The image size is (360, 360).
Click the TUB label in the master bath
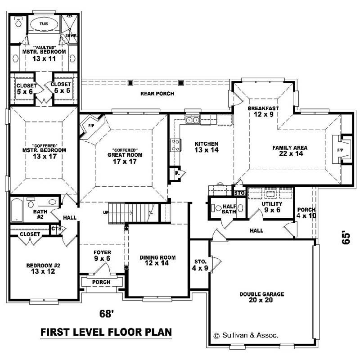click(44, 23)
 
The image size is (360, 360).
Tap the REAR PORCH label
click(157, 94)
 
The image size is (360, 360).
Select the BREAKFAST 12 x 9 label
click(263, 111)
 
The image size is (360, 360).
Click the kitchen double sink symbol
click(193, 120)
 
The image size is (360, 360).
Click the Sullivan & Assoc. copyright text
click(246, 335)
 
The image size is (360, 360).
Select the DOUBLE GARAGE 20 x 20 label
click(261, 297)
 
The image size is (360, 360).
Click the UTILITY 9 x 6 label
click(272, 207)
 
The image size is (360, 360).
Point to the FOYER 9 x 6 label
click(102, 255)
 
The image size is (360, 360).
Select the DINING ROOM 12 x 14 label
click(157, 261)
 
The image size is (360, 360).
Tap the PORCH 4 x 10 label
click(306, 213)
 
